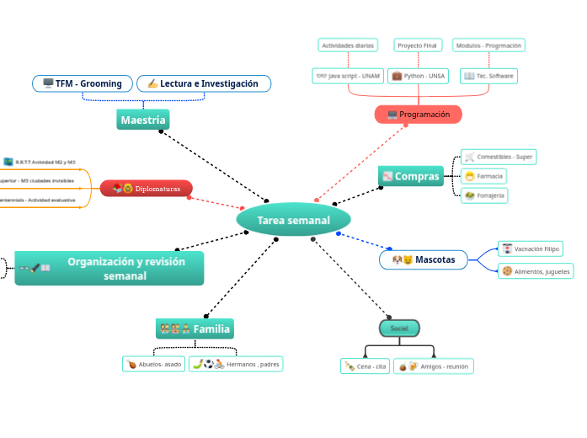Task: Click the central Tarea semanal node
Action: (293, 220)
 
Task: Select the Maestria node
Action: (142, 120)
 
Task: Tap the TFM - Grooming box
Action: (83, 83)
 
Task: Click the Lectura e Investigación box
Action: (203, 83)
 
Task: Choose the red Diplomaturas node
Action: (147, 189)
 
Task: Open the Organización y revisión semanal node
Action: (109, 268)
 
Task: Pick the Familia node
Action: (195, 328)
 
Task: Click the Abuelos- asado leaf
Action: (153, 364)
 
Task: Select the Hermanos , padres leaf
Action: (236, 364)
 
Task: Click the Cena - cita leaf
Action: (366, 366)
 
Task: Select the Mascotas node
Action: (424, 260)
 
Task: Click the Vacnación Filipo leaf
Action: (530, 248)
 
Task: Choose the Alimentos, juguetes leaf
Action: (536, 271)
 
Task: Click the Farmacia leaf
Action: (484, 176)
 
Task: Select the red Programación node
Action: (418, 114)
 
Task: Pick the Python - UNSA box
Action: (419, 76)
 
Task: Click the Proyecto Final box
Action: (418, 45)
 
